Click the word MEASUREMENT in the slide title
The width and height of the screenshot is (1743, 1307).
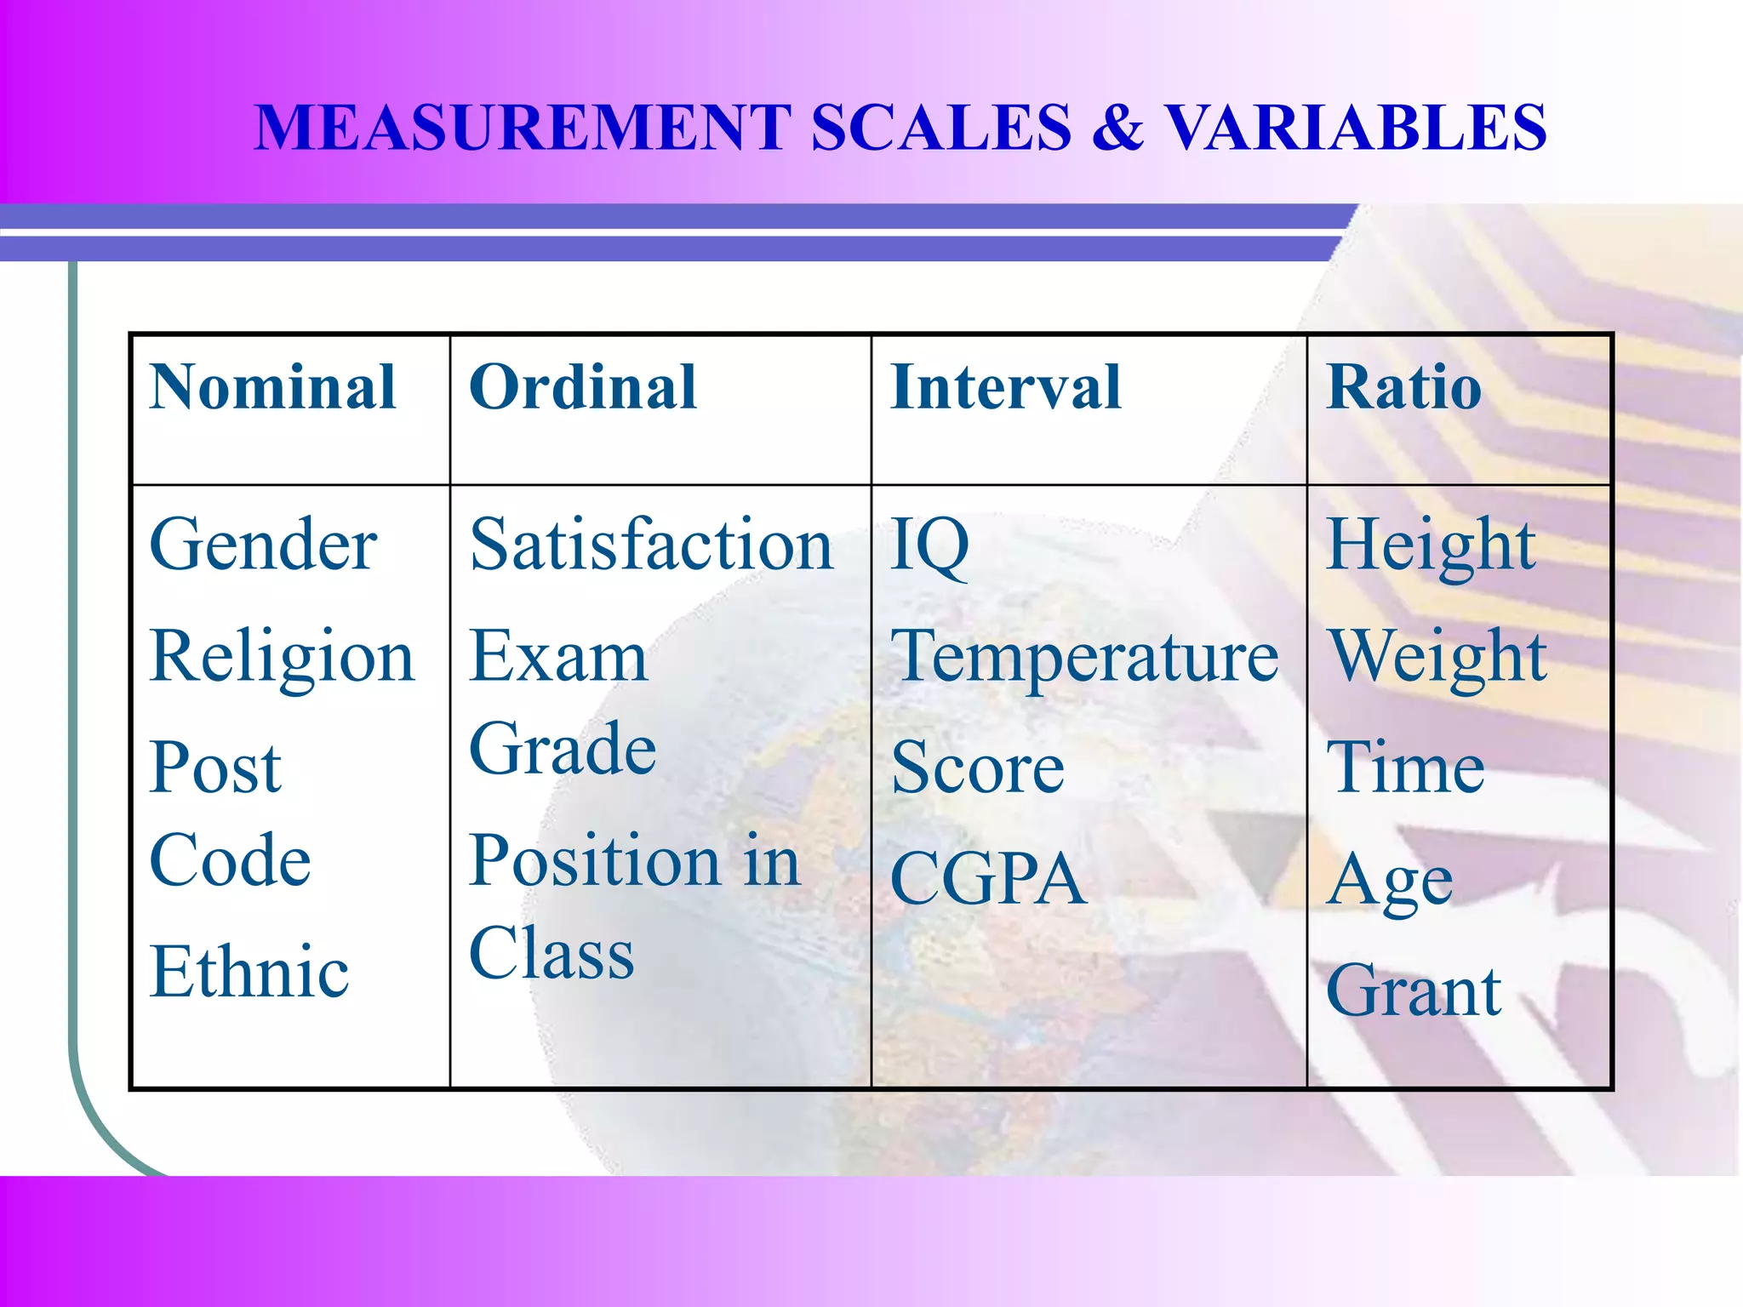click(x=523, y=128)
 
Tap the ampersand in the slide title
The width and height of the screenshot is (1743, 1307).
click(x=1117, y=128)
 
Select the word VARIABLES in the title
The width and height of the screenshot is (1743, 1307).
click(x=1355, y=128)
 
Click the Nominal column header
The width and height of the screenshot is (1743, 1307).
click(x=272, y=388)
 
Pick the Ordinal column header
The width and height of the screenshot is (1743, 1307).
click(x=583, y=388)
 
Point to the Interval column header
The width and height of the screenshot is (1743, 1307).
click(x=1005, y=388)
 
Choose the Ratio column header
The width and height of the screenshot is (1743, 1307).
click(x=1404, y=388)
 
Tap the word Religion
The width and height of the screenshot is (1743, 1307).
click(x=282, y=658)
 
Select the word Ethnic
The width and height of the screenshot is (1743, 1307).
click(x=249, y=972)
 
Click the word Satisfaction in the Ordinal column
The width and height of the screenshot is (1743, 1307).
click(x=651, y=545)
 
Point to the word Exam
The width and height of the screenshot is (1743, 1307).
click(x=558, y=658)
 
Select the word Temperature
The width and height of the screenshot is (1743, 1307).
click(x=1084, y=658)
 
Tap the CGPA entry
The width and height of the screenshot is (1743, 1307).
click(x=988, y=879)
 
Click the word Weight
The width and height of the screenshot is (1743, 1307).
click(x=1438, y=658)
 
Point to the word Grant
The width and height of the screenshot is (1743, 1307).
click(x=1414, y=991)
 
